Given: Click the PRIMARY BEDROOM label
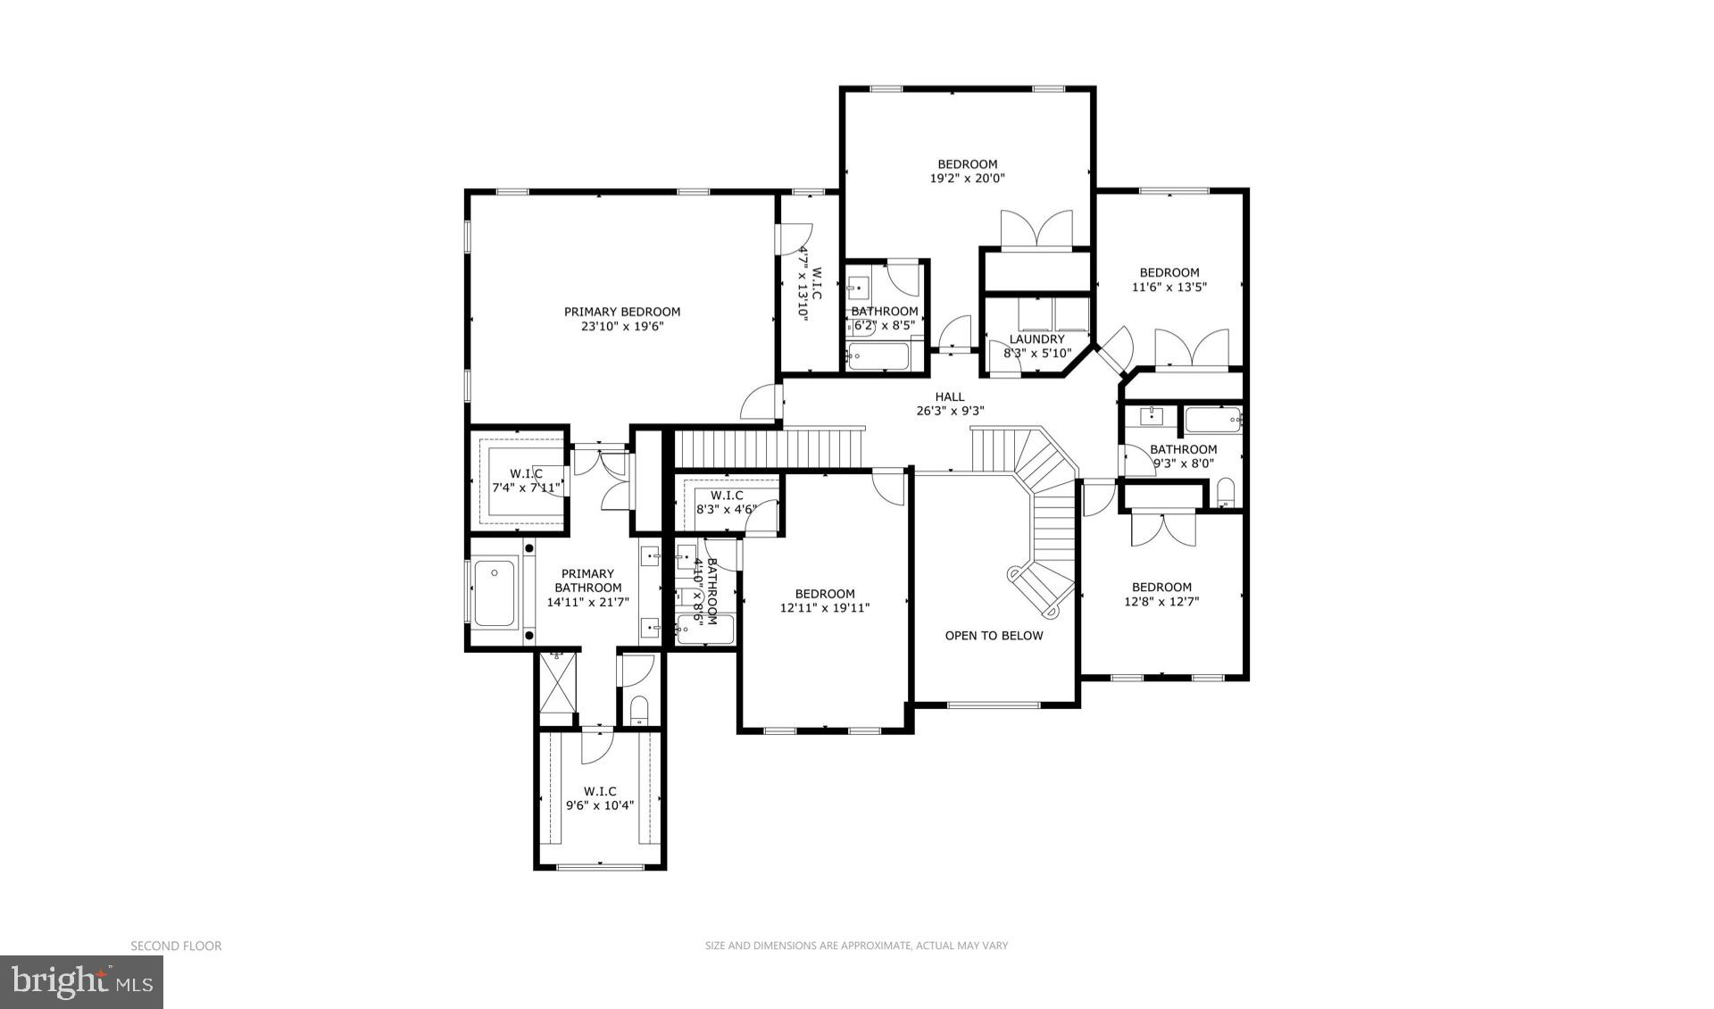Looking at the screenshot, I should click(x=622, y=312).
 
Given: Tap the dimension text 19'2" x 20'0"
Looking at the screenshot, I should click(x=967, y=179).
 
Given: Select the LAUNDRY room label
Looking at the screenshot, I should click(x=1036, y=339).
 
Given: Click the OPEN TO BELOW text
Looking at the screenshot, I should click(x=994, y=636).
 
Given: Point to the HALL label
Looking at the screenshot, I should click(x=950, y=396).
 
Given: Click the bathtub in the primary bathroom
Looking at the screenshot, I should click(x=494, y=592).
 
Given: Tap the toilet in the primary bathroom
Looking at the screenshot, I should click(x=639, y=709).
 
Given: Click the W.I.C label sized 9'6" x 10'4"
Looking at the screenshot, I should click(x=600, y=791).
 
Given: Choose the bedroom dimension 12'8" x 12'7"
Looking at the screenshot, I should click(x=1161, y=602).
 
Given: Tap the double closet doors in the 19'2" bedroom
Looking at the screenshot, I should click(x=1036, y=229).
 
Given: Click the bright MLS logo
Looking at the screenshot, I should click(x=81, y=982).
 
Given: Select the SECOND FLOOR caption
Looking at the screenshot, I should click(x=176, y=946).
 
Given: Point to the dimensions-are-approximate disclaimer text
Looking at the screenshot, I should click(x=856, y=946).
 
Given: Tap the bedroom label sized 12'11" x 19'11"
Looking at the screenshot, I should click(x=825, y=594).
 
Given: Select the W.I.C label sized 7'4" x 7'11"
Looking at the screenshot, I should click(x=527, y=473).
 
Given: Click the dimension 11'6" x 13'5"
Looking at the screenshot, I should click(x=1169, y=288).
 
